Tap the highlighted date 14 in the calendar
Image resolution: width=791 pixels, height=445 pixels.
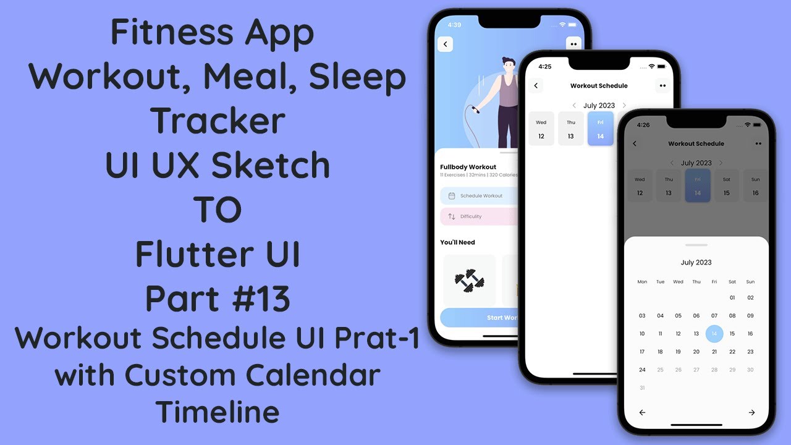coord(714,334)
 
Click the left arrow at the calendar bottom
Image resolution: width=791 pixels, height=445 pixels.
coord(642,412)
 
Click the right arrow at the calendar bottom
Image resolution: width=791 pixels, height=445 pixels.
coord(751,412)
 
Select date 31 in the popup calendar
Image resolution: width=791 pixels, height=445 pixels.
coord(642,388)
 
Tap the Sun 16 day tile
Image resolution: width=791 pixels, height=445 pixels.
coord(755,186)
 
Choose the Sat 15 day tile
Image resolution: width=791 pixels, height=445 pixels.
coord(727,186)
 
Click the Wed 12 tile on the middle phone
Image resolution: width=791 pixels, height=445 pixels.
coord(541,129)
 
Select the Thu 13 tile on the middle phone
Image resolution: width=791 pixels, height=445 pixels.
coord(571,129)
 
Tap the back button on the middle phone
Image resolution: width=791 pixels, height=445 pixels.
coord(536,86)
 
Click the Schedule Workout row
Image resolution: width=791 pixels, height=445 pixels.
coord(479,196)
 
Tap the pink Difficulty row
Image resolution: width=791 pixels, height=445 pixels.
coord(479,216)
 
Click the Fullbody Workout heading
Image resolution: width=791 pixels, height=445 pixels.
coord(468,167)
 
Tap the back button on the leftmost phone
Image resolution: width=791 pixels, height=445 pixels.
coord(445,44)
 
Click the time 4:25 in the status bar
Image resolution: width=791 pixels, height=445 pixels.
coord(544,66)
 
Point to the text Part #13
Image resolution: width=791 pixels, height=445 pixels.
coord(218,299)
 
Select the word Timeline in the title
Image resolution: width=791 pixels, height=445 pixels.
coord(218,412)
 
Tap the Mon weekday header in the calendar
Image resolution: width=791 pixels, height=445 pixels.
coord(642,282)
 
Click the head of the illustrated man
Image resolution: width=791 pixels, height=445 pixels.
coord(509,64)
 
